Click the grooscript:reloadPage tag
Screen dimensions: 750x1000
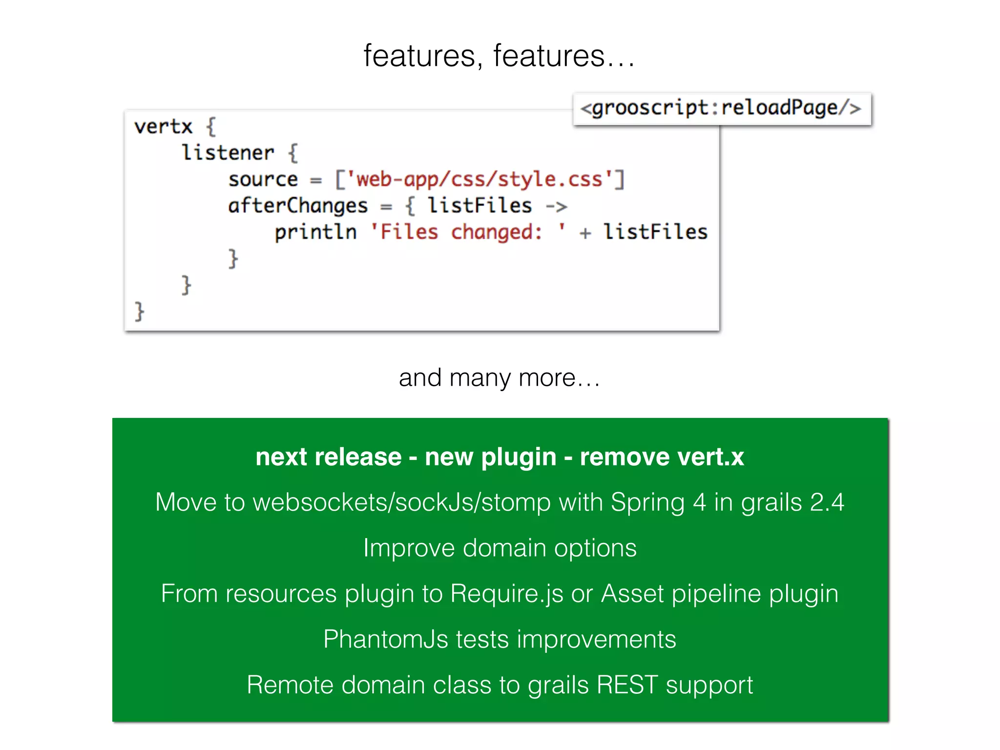pos(721,108)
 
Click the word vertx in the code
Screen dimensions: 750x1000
pos(163,126)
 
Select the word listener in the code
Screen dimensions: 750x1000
pos(228,153)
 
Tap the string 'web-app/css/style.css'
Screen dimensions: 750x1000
pos(479,179)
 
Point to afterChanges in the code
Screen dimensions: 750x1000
pos(298,206)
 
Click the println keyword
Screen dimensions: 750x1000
pos(315,232)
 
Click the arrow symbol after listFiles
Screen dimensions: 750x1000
pos(556,207)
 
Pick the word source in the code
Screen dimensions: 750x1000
pos(263,180)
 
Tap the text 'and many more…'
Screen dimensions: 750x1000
pos(500,377)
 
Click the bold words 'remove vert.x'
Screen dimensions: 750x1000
pos(662,457)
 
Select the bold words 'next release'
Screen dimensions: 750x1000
pos(329,457)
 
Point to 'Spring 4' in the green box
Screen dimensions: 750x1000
pos(658,502)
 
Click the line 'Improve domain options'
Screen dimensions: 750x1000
pos(500,548)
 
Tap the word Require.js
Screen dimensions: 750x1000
pos(507,594)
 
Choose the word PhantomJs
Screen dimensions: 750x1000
pos(385,639)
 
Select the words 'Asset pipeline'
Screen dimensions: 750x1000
pos(681,594)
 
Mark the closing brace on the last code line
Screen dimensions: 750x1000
pos(140,311)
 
